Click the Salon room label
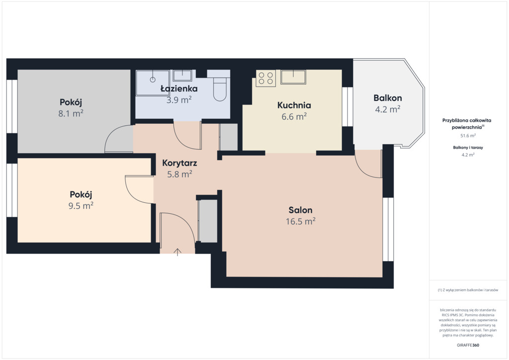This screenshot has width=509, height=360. (300, 210)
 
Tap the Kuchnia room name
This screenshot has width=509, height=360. (294, 105)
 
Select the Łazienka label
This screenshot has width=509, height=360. (179, 89)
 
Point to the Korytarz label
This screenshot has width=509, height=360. (179, 163)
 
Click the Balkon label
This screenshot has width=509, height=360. (388, 98)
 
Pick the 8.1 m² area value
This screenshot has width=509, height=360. (71, 113)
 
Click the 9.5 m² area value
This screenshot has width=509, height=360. (81, 205)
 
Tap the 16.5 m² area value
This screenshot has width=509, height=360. (301, 221)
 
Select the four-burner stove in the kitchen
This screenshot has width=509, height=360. (265, 78)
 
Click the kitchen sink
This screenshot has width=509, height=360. (293, 77)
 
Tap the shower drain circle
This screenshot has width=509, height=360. (153, 79)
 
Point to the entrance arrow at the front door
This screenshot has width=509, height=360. (177, 252)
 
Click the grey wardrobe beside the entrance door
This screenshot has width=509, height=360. (208, 221)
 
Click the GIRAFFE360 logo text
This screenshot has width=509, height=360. (468, 345)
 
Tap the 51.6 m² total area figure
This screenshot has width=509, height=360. (468, 136)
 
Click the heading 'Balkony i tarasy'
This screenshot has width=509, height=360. (468, 147)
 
